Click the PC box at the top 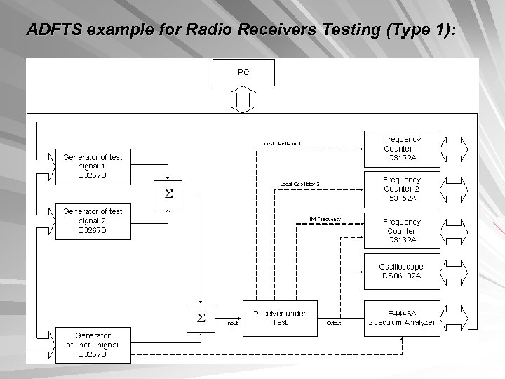point(243,72)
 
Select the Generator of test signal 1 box point(93,166)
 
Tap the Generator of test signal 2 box point(93,220)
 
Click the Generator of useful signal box point(93,345)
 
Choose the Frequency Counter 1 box point(402,148)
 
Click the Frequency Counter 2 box point(402,188)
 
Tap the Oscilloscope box point(402,271)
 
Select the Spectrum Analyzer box point(402,317)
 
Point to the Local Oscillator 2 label point(299,184)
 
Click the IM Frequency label point(325,219)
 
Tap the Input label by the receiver point(231,324)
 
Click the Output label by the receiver point(334,324)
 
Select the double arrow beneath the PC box point(243,99)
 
